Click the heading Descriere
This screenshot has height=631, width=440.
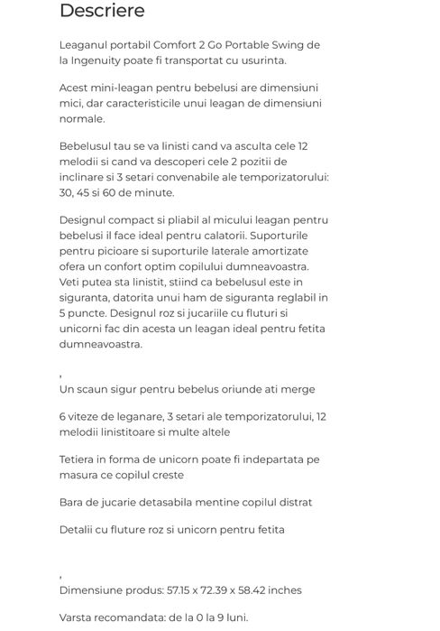tap(101, 12)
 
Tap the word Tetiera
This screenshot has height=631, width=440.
tap(80, 459)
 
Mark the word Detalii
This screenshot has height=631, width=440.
tap(79, 529)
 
